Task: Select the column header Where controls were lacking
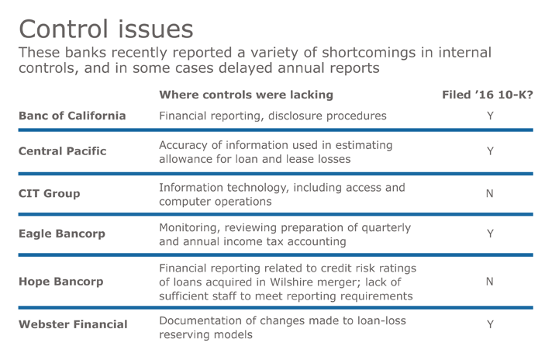(246, 95)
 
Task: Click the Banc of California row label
(71, 116)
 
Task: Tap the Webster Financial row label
(73, 324)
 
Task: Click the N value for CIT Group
(489, 193)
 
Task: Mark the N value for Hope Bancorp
(489, 282)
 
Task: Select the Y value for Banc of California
(490, 116)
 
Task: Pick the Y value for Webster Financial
(490, 324)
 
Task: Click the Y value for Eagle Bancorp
(490, 234)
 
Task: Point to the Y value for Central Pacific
(490, 151)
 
